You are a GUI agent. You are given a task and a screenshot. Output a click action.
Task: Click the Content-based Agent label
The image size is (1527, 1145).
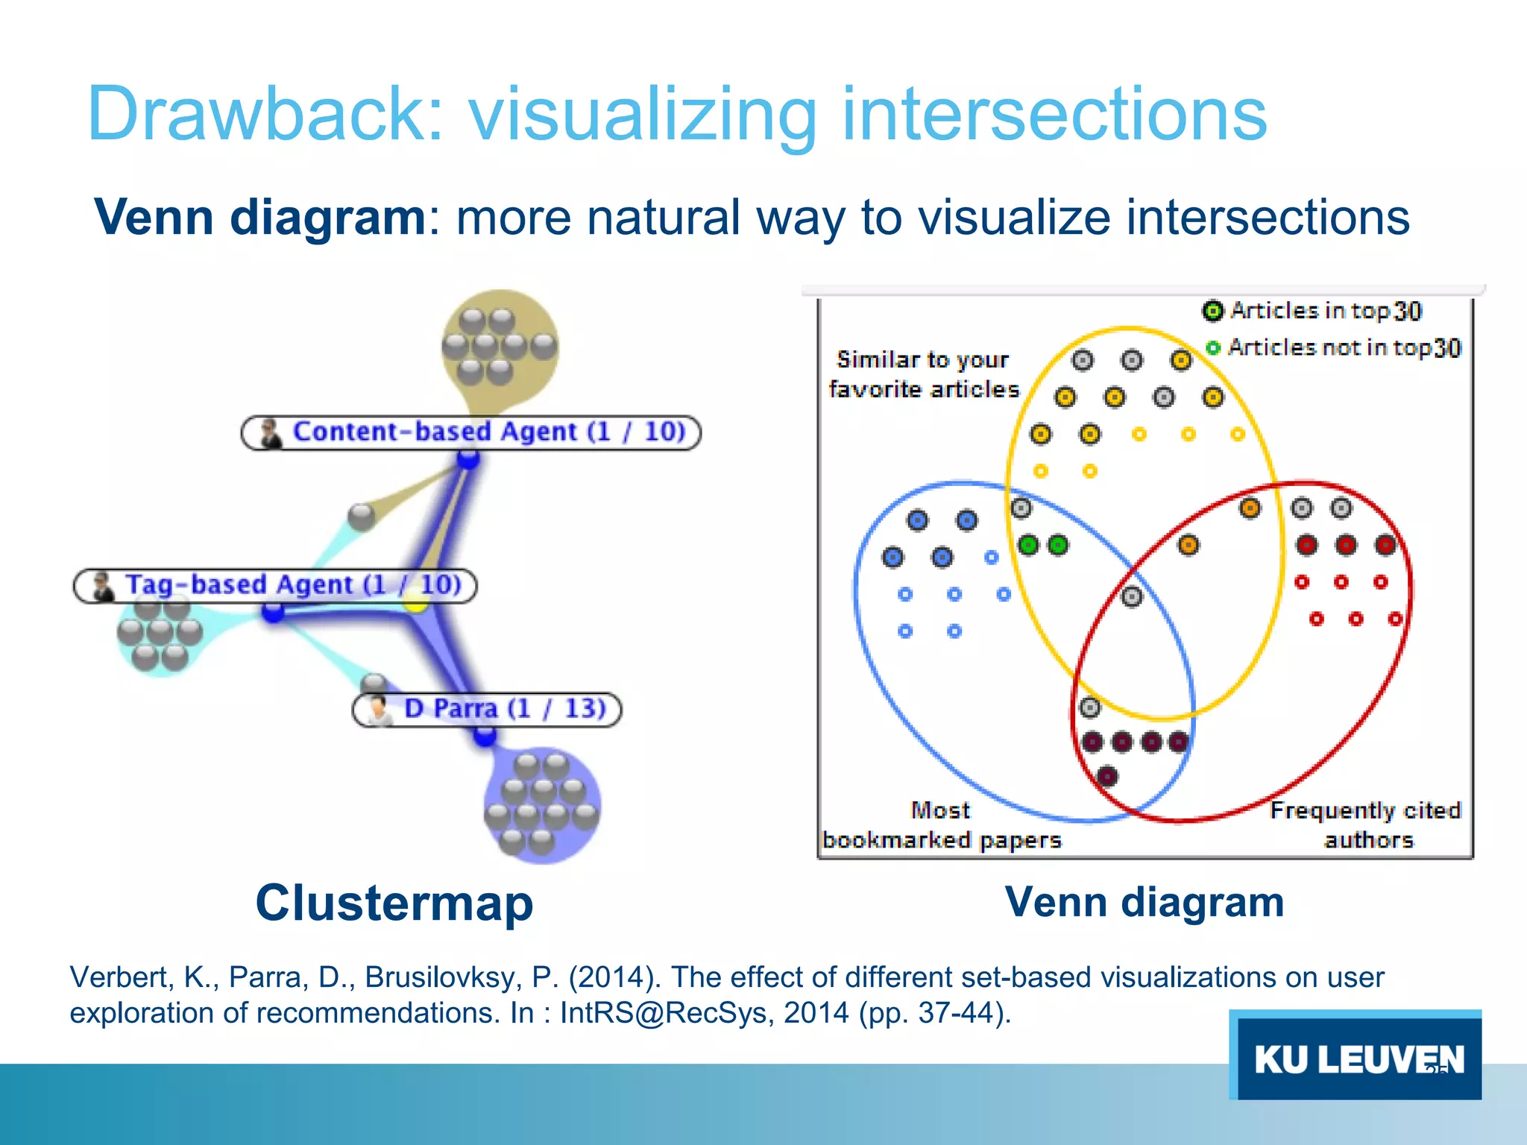471,432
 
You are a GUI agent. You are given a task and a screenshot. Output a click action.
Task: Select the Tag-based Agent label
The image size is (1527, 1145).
275,585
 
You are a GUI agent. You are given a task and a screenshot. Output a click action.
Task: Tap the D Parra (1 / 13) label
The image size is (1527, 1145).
487,709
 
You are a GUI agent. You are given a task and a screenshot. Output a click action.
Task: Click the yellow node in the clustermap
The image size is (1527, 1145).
415,603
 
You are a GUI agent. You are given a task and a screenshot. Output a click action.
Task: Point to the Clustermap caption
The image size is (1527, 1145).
394,903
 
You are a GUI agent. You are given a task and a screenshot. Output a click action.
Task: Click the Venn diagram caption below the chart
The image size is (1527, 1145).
1144,902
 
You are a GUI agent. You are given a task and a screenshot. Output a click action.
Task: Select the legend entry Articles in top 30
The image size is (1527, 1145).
1313,311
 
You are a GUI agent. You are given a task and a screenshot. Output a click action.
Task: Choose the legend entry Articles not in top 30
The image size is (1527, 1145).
1335,348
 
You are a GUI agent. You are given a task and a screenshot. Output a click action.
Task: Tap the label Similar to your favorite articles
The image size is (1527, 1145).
923,374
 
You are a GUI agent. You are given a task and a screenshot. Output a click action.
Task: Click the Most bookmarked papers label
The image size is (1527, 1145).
941,825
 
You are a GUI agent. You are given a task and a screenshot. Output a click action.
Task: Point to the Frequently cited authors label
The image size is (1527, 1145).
1365,825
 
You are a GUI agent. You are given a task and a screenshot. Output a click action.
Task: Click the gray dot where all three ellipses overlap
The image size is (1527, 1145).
1132,596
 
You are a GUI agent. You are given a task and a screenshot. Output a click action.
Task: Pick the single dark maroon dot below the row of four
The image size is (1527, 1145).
1107,777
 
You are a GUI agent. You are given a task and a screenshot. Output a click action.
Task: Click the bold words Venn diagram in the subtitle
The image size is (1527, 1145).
259,218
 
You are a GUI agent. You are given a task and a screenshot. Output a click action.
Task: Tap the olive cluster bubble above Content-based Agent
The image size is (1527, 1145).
500,347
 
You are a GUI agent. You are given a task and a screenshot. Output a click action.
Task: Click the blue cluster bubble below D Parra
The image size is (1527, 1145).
542,805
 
